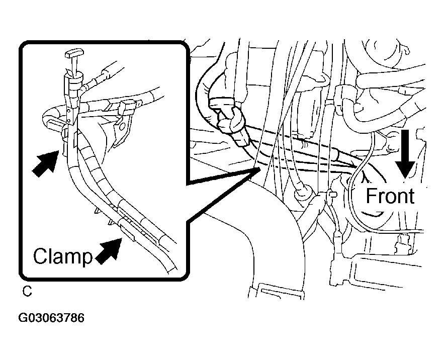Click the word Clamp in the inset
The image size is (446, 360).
click(63, 256)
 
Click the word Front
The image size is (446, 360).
click(390, 196)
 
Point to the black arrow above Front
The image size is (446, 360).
click(405, 154)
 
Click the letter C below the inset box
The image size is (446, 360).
click(27, 292)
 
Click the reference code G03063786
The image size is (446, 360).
click(51, 318)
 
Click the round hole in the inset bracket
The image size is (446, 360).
click(122, 125)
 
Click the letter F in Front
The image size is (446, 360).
click(371, 196)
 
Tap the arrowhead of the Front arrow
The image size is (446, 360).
click(405, 170)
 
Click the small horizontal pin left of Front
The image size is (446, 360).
click(332, 195)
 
